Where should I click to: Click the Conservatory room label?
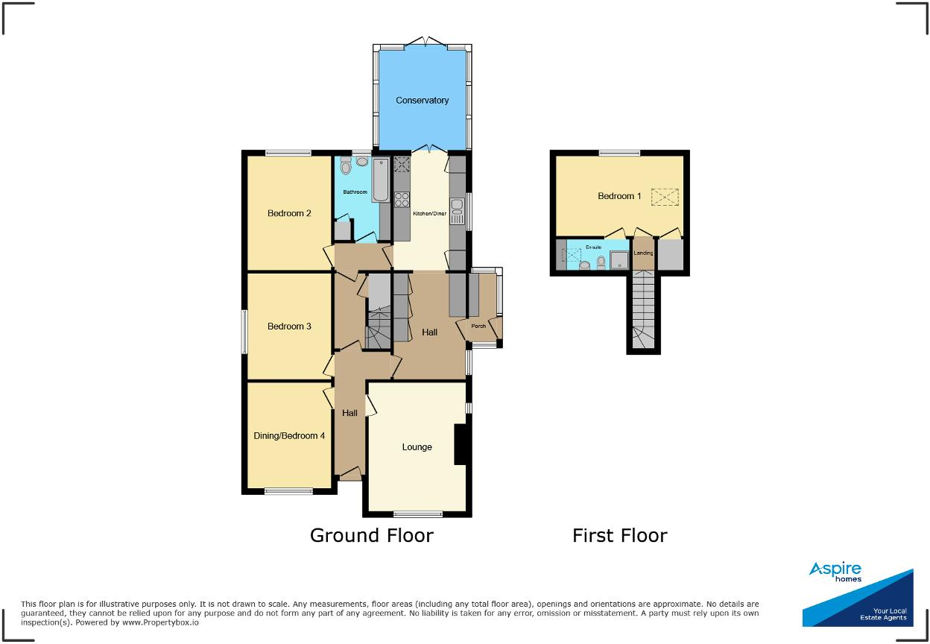click(x=422, y=101)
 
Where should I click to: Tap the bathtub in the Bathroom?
click(x=380, y=179)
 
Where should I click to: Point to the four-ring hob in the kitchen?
click(x=402, y=198)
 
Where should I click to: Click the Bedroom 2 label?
click(x=289, y=213)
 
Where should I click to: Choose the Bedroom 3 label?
click(x=289, y=326)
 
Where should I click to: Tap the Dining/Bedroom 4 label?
click(x=286, y=436)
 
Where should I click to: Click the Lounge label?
click(x=417, y=447)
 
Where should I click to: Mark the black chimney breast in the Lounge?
click(x=461, y=444)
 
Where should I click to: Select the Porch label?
click(x=478, y=326)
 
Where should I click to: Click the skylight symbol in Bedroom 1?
click(x=665, y=196)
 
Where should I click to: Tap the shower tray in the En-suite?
click(x=619, y=259)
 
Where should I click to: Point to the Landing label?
click(x=643, y=253)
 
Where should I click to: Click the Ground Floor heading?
click(x=371, y=535)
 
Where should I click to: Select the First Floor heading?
click(x=619, y=535)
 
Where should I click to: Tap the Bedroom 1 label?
click(x=619, y=196)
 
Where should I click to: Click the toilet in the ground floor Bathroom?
click(x=344, y=167)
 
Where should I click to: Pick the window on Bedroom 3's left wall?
click(x=244, y=332)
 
